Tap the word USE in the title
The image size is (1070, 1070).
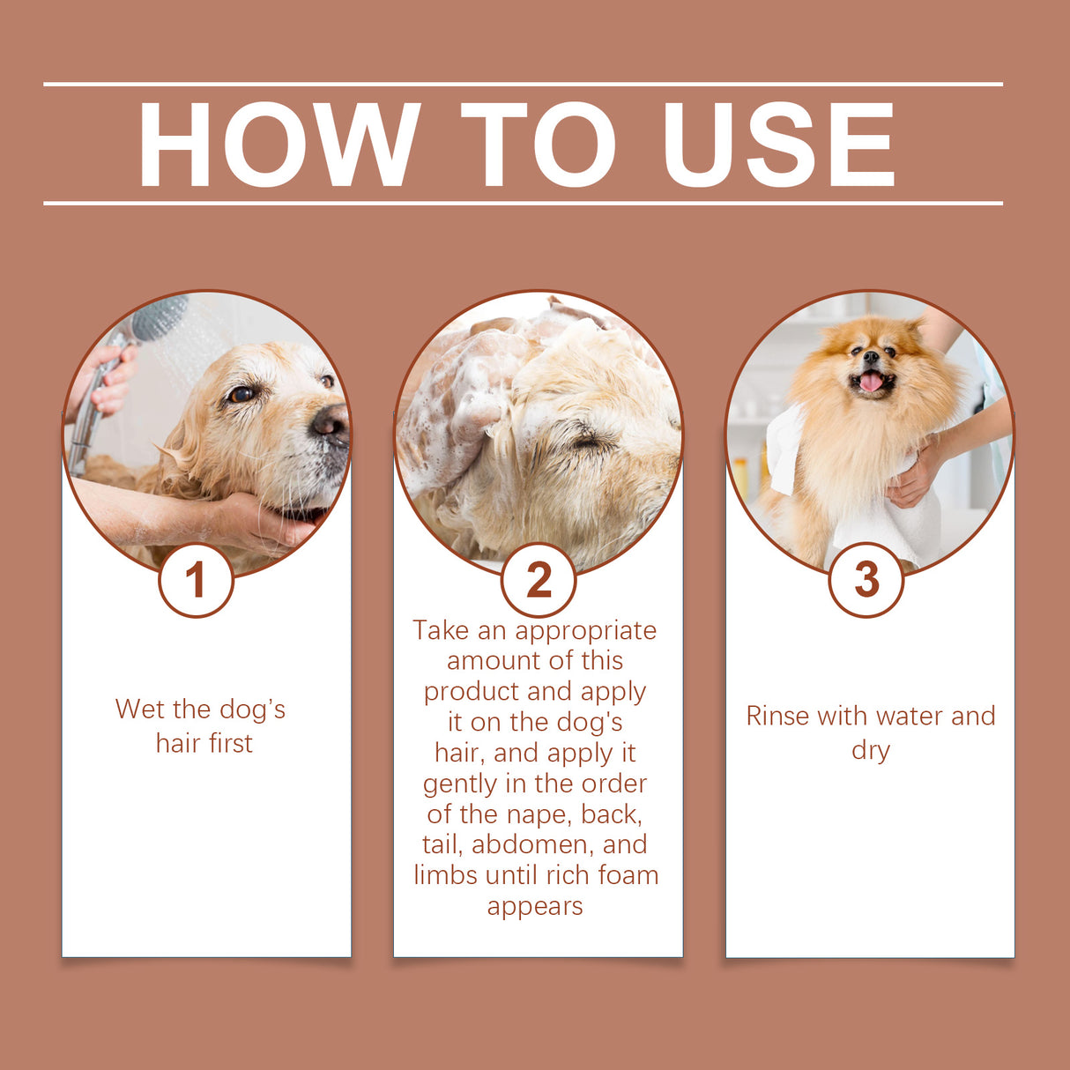click(x=778, y=145)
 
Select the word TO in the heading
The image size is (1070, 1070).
click(x=538, y=145)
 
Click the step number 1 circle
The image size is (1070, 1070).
click(x=196, y=580)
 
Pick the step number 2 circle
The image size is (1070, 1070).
click(x=539, y=580)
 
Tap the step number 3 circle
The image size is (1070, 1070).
click(x=866, y=580)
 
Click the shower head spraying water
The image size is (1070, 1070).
click(x=159, y=318)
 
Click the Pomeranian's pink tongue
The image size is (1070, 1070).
click(x=871, y=382)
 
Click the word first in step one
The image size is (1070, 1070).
click(x=230, y=744)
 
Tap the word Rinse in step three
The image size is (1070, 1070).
click(x=777, y=717)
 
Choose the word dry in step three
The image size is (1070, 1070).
click(x=870, y=751)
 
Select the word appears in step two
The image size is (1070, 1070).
click(x=535, y=906)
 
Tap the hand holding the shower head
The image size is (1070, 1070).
click(x=110, y=379)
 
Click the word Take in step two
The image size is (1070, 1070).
click(x=441, y=630)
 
